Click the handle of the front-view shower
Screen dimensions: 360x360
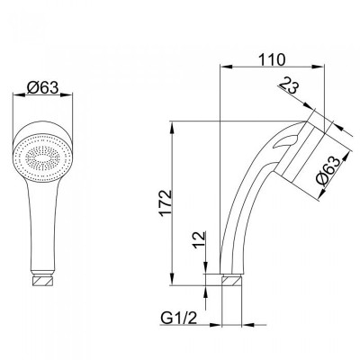click(40, 225)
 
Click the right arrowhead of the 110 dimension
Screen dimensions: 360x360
click(319, 68)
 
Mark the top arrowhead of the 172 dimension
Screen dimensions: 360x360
click(172, 123)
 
